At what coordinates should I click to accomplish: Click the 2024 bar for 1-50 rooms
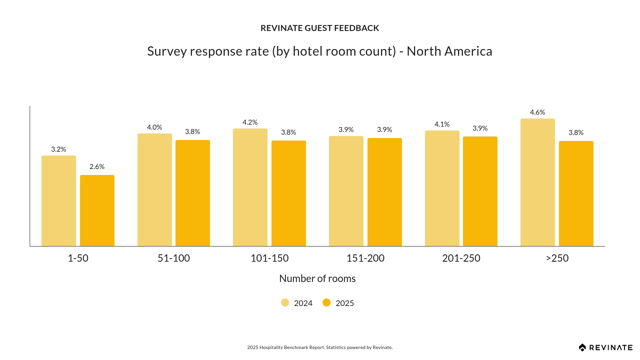tap(59, 201)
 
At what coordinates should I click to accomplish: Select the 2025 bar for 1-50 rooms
tap(97, 211)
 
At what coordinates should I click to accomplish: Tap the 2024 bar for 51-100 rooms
tap(155, 190)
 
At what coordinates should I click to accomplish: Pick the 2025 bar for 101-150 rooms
tap(289, 193)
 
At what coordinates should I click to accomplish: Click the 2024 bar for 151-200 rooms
tap(346, 191)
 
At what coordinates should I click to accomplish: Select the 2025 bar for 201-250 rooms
tap(480, 191)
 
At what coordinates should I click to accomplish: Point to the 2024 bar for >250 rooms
tap(538, 182)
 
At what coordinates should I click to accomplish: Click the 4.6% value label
tap(537, 112)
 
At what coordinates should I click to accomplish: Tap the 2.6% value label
tap(97, 167)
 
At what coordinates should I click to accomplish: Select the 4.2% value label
tap(250, 122)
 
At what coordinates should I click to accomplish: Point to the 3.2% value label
tap(59, 149)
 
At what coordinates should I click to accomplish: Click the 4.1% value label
tap(442, 124)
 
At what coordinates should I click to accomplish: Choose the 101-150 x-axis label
tap(269, 258)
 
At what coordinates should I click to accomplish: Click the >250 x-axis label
tap(557, 258)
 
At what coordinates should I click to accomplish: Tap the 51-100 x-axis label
tap(174, 258)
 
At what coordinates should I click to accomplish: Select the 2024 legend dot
tap(285, 303)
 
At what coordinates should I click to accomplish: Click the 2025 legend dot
tap(327, 303)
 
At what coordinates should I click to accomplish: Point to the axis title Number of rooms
tap(317, 278)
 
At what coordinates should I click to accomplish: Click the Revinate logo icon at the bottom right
tap(582, 348)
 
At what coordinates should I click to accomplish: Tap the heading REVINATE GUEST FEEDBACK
tap(320, 28)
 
